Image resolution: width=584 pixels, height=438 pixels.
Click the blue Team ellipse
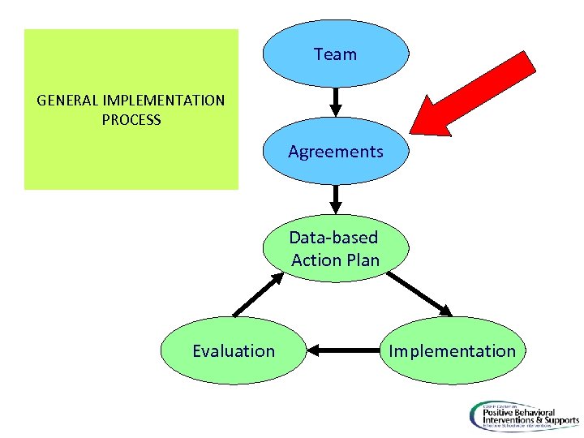pos(335,54)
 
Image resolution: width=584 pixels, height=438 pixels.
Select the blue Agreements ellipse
pos(335,151)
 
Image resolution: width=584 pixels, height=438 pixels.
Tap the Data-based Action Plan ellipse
pos(335,249)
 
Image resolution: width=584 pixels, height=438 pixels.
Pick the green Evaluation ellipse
pos(234,350)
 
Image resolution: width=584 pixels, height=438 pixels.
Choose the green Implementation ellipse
pos(452,350)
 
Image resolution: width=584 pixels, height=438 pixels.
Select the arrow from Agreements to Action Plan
pos(335,198)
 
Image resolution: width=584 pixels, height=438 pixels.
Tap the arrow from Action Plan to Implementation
pos(420,294)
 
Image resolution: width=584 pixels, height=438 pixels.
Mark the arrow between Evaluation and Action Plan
pos(258,294)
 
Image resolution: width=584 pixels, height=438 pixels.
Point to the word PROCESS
pos(131,120)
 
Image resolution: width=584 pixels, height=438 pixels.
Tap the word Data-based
pos(334,238)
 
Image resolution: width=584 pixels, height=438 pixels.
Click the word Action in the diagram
pos(316,260)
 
